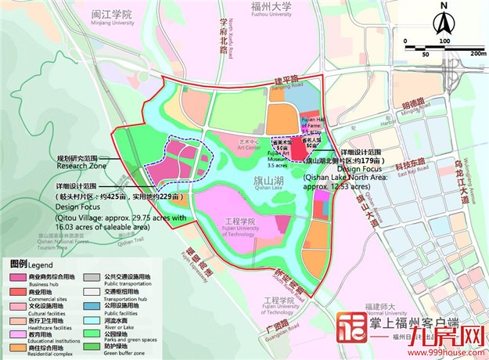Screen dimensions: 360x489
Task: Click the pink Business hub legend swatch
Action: click(17, 276)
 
